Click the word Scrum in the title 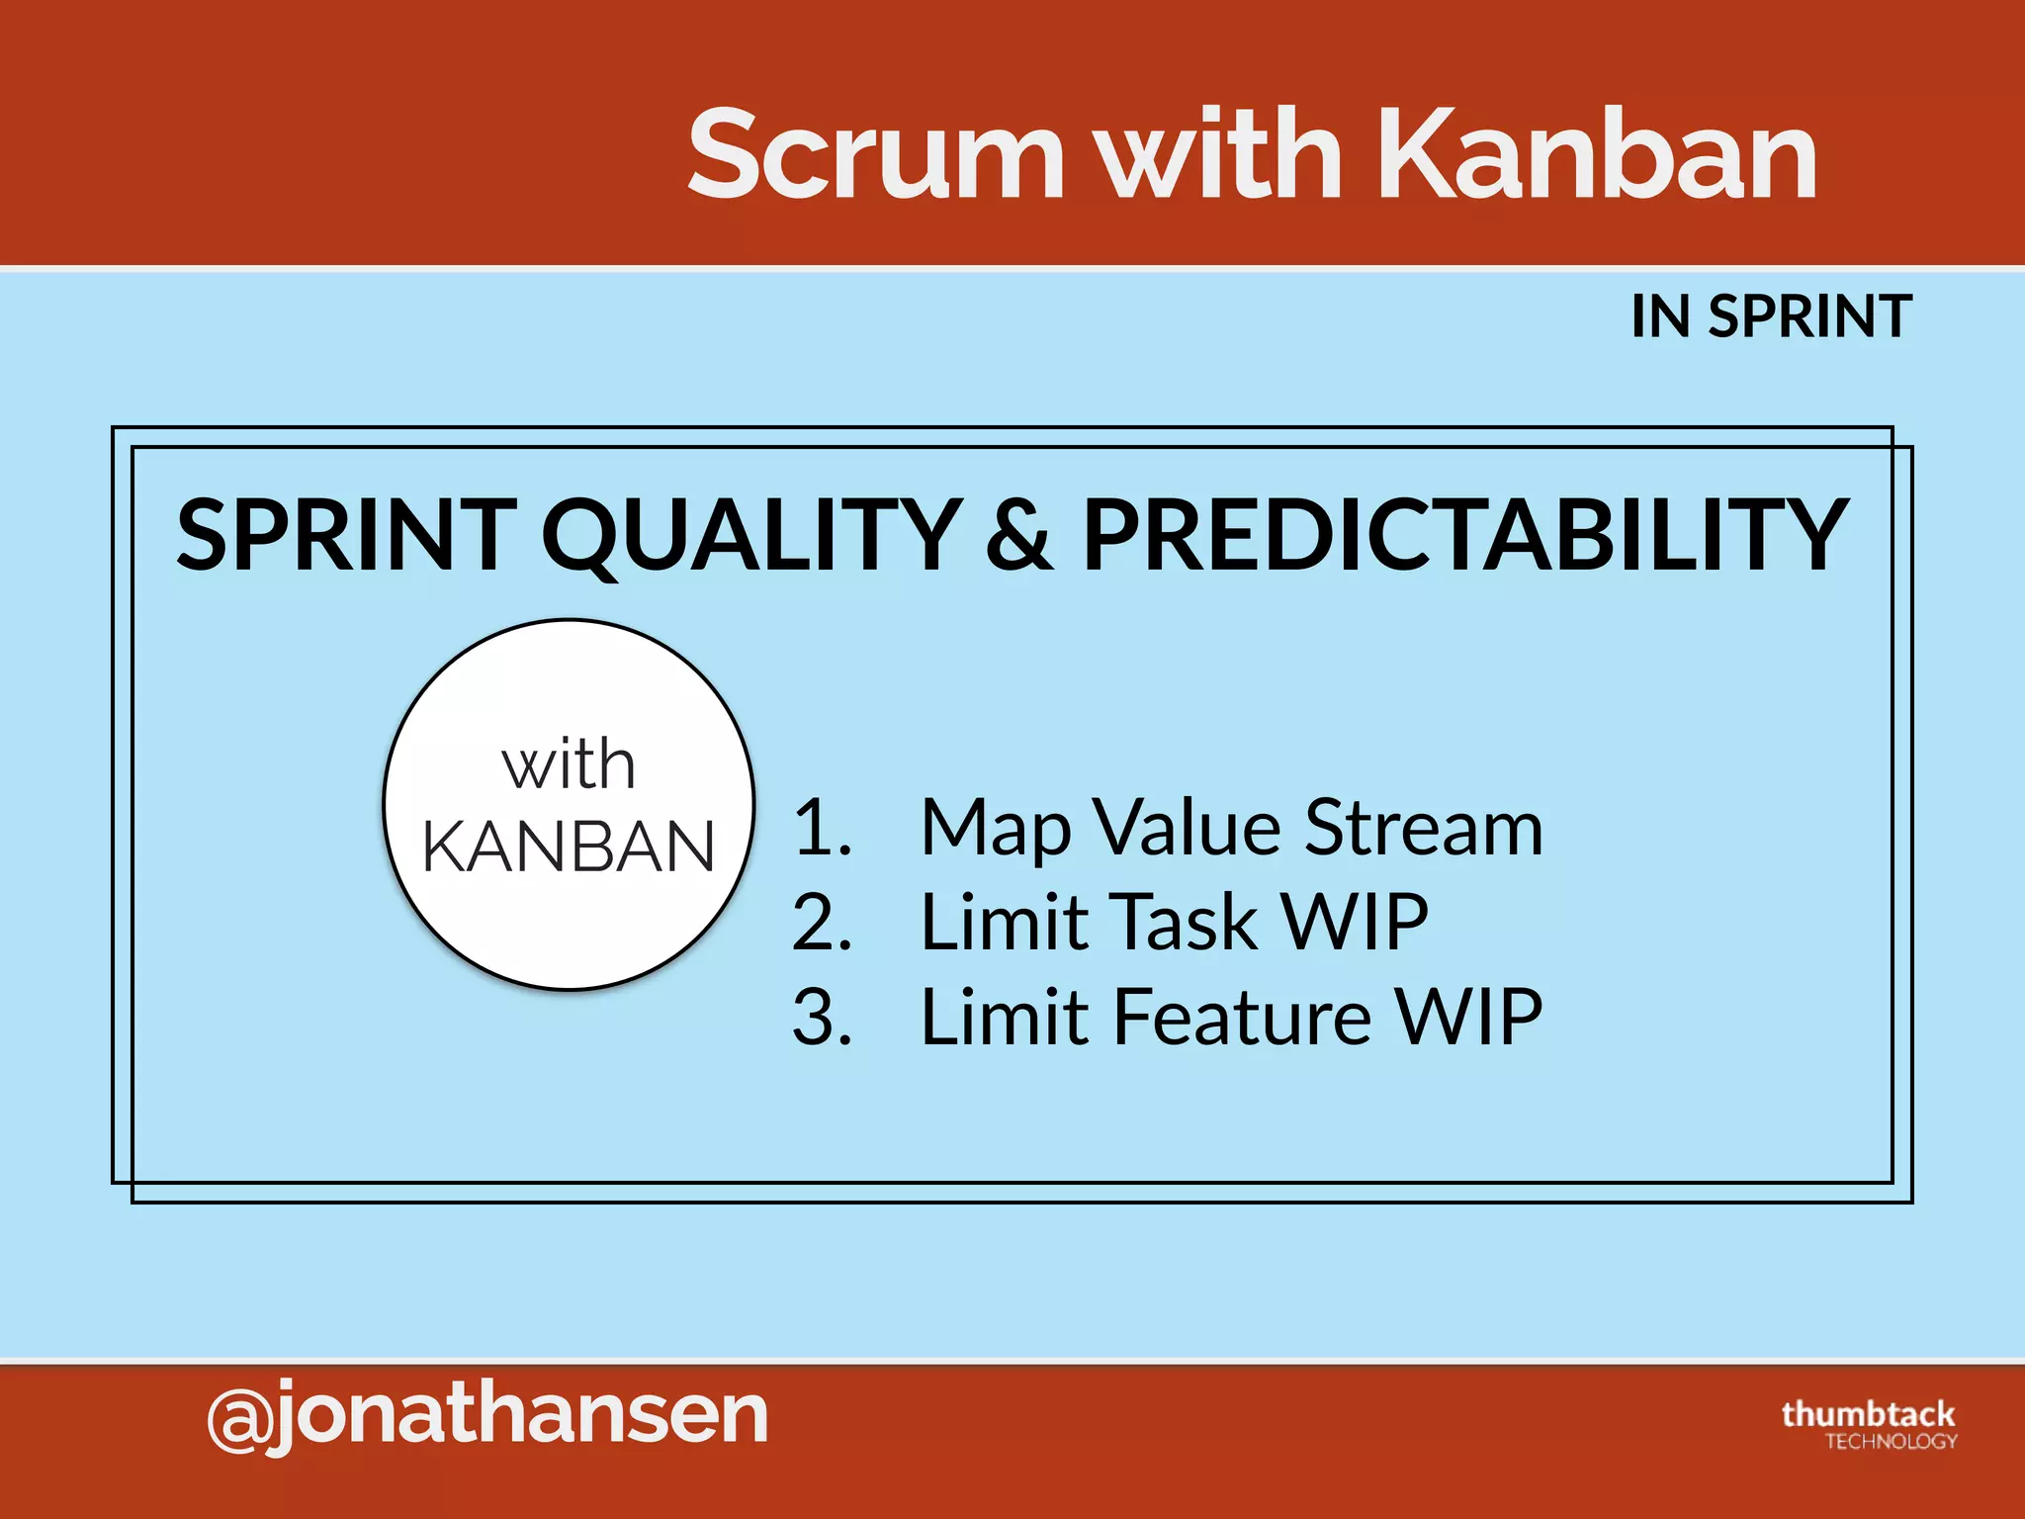click(x=876, y=155)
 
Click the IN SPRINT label click(x=1770, y=317)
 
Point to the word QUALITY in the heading click(x=751, y=536)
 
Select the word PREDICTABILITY click(x=1463, y=536)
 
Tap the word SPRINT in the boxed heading click(x=346, y=536)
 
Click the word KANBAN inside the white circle click(x=569, y=848)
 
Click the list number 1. click(x=821, y=828)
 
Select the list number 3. click(x=821, y=1018)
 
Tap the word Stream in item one click(x=1423, y=828)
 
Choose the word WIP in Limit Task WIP click(x=1354, y=923)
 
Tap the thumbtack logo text click(x=1868, y=1414)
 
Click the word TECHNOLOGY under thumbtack click(x=1891, y=1442)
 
